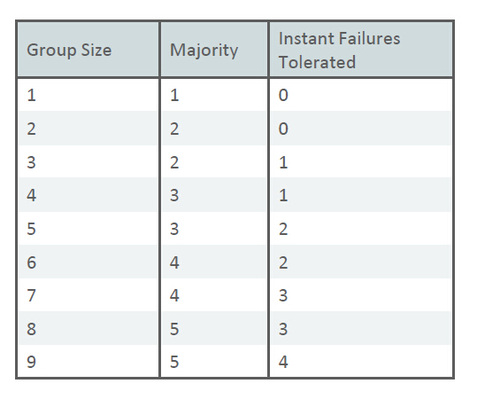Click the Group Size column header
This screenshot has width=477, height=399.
69,50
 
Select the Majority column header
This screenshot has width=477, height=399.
204,50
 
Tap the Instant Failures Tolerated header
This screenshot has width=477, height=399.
339,50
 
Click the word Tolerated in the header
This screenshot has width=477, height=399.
317,62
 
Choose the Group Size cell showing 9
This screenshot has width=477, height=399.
32,362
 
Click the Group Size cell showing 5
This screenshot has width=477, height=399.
32,229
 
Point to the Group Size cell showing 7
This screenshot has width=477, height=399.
32,295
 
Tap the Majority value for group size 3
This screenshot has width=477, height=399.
174,163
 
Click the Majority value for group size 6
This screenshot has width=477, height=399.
174,262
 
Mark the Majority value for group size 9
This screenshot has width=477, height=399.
174,362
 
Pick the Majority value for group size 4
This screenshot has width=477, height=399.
174,196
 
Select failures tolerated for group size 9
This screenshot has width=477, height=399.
282,362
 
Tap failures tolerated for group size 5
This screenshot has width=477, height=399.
282,229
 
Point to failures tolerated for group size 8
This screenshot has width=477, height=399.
282,329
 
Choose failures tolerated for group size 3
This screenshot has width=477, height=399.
282,163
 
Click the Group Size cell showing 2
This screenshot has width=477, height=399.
32,129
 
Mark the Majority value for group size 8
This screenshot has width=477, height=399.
174,329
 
